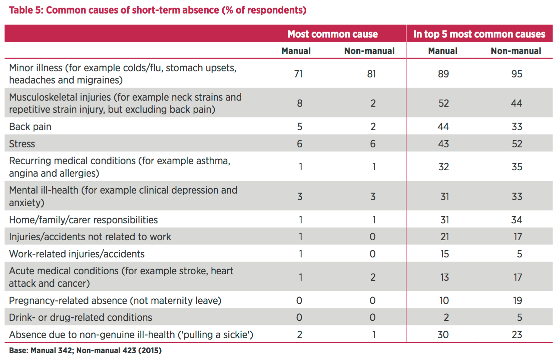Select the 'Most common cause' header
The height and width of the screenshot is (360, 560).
click(x=332, y=34)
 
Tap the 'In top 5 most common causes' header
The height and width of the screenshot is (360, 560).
click(x=479, y=34)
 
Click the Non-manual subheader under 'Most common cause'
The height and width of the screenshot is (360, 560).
click(x=369, y=51)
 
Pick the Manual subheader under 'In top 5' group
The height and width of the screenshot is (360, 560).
click(x=443, y=51)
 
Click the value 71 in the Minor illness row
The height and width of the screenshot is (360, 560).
click(x=298, y=74)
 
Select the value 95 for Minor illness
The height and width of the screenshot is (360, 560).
click(x=517, y=74)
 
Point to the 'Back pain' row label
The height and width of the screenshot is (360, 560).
click(x=30, y=127)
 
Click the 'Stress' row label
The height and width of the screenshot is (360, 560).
click(x=22, y=144)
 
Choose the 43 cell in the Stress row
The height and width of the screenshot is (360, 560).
click(x=443, y=144)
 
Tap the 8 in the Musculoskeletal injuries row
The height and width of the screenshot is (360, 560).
click(x=300, y=103)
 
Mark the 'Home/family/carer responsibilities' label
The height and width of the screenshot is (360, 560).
click(x=83, y=220)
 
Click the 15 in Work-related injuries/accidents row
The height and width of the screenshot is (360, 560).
click(x=444, y=254)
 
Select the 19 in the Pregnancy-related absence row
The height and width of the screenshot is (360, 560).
click(x=517, y=300)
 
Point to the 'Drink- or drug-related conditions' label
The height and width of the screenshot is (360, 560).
click(x=80, y=317)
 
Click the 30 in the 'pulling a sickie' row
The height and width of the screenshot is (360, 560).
click(x=443, y=335)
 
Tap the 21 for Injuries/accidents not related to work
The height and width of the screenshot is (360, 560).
click(x=445, y=237)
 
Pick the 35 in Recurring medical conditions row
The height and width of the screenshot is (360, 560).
click(x=517, y=167)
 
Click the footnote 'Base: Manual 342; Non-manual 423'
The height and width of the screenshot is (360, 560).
click(x=85, y=350)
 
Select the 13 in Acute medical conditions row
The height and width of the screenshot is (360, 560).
click(x=444, y=277)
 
